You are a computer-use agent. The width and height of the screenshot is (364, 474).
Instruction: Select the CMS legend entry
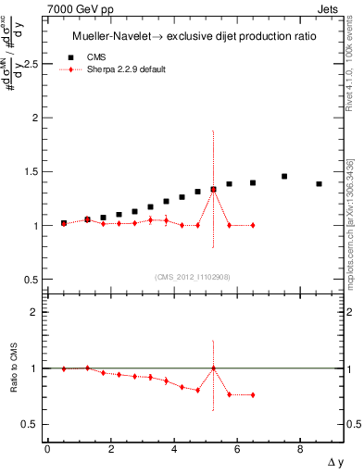point(96,57)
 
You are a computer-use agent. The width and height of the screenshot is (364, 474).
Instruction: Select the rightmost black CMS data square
point(319,184)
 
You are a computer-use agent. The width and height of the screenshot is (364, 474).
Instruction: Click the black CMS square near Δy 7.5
point(284,176)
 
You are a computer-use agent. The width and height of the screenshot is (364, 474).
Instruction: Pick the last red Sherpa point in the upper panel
point(253,225)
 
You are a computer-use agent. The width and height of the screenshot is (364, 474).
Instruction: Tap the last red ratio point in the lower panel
point(253,395)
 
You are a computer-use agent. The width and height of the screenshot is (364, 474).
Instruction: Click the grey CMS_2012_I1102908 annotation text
point(193,276)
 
